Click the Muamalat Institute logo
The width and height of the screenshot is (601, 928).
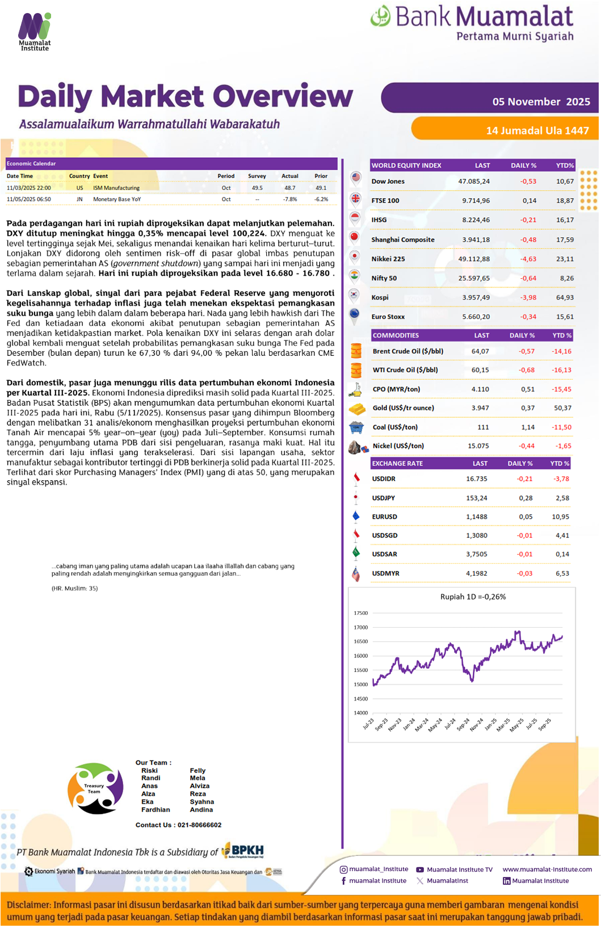click(35, 31)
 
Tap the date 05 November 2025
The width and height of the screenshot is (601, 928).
click(541, 102)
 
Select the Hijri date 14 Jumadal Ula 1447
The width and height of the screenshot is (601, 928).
click(537, 131)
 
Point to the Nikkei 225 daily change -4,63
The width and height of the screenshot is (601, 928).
click(528, 259)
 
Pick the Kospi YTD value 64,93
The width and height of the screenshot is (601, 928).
click(565, 297)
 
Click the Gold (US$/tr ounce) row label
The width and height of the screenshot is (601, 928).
click(403, 408)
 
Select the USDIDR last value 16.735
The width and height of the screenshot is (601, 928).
click(476, 479)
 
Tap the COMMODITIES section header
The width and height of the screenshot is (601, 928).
click(396, 335)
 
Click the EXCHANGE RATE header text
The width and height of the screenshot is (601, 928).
click(397, 464)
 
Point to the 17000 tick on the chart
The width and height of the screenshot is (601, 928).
click(361, 628)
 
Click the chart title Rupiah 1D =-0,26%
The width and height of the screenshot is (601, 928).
click(473, 597)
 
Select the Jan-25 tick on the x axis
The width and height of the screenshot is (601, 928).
click(491, 724)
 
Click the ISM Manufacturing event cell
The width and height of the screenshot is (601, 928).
click(116, 188)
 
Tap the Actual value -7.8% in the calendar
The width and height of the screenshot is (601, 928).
click(290, 199)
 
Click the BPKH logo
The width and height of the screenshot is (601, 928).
click(243, 850)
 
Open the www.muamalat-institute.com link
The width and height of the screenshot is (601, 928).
click(547, 870)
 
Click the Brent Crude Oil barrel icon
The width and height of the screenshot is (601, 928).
click(356, 351)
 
